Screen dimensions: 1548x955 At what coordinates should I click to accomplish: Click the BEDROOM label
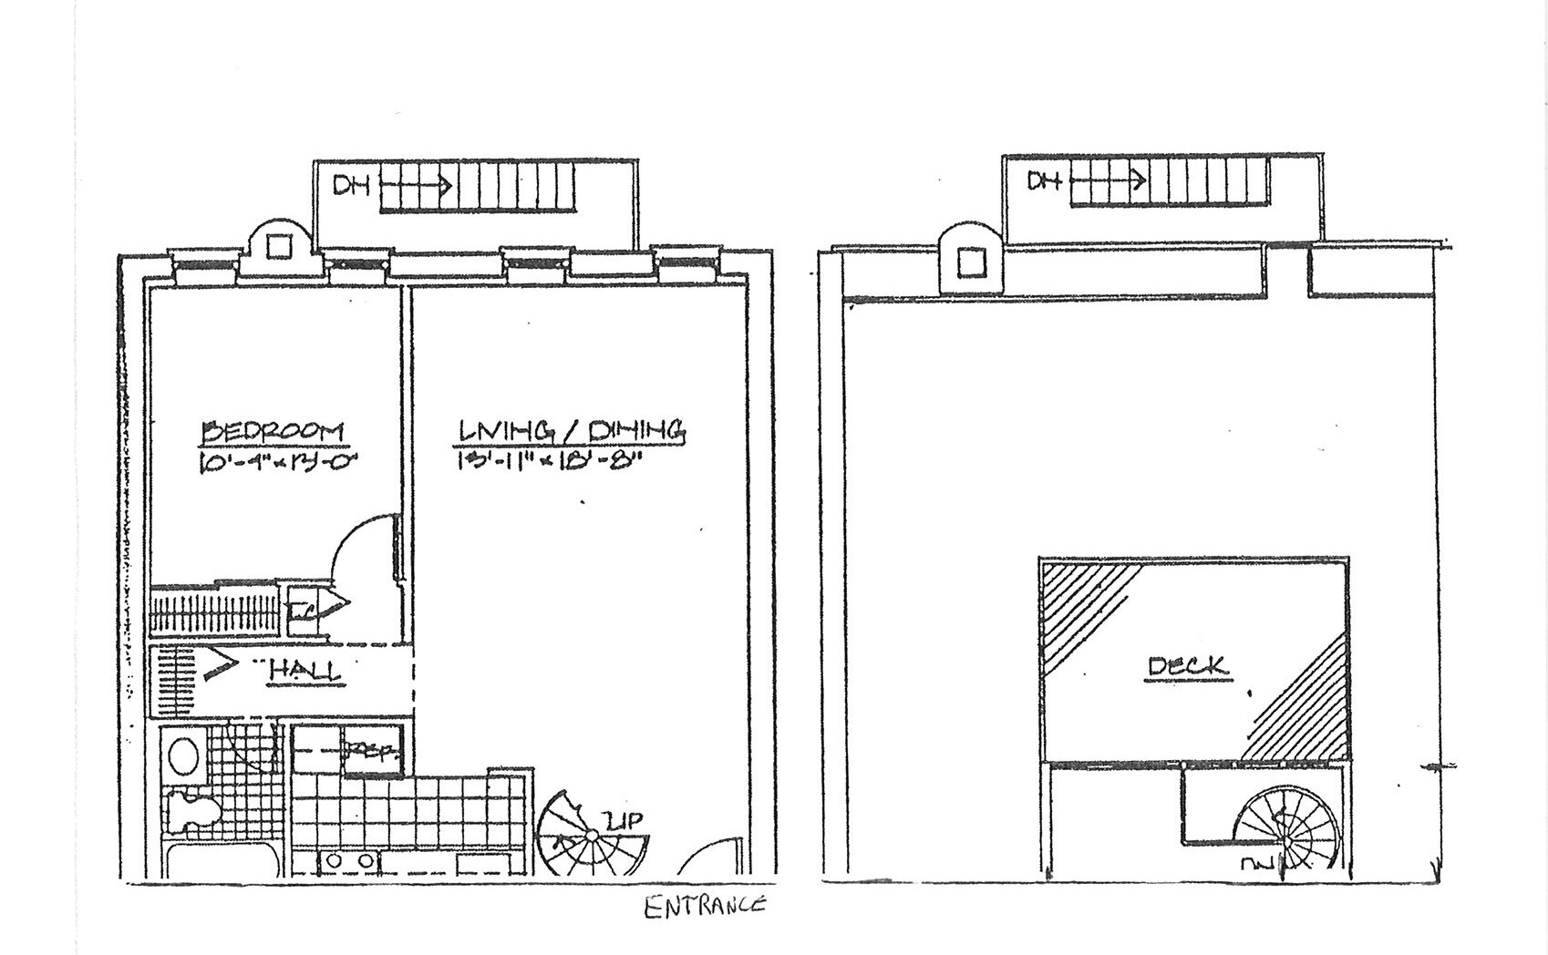point(272,430)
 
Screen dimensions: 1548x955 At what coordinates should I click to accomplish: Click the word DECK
point(1188,667)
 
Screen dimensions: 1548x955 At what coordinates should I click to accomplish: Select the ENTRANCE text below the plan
point(705,907)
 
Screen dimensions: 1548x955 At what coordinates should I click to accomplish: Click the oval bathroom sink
point(185,756)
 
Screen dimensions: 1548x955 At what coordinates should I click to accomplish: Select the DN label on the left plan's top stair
point(351,186)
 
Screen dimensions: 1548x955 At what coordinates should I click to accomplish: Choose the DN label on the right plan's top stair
point(1045,180)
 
